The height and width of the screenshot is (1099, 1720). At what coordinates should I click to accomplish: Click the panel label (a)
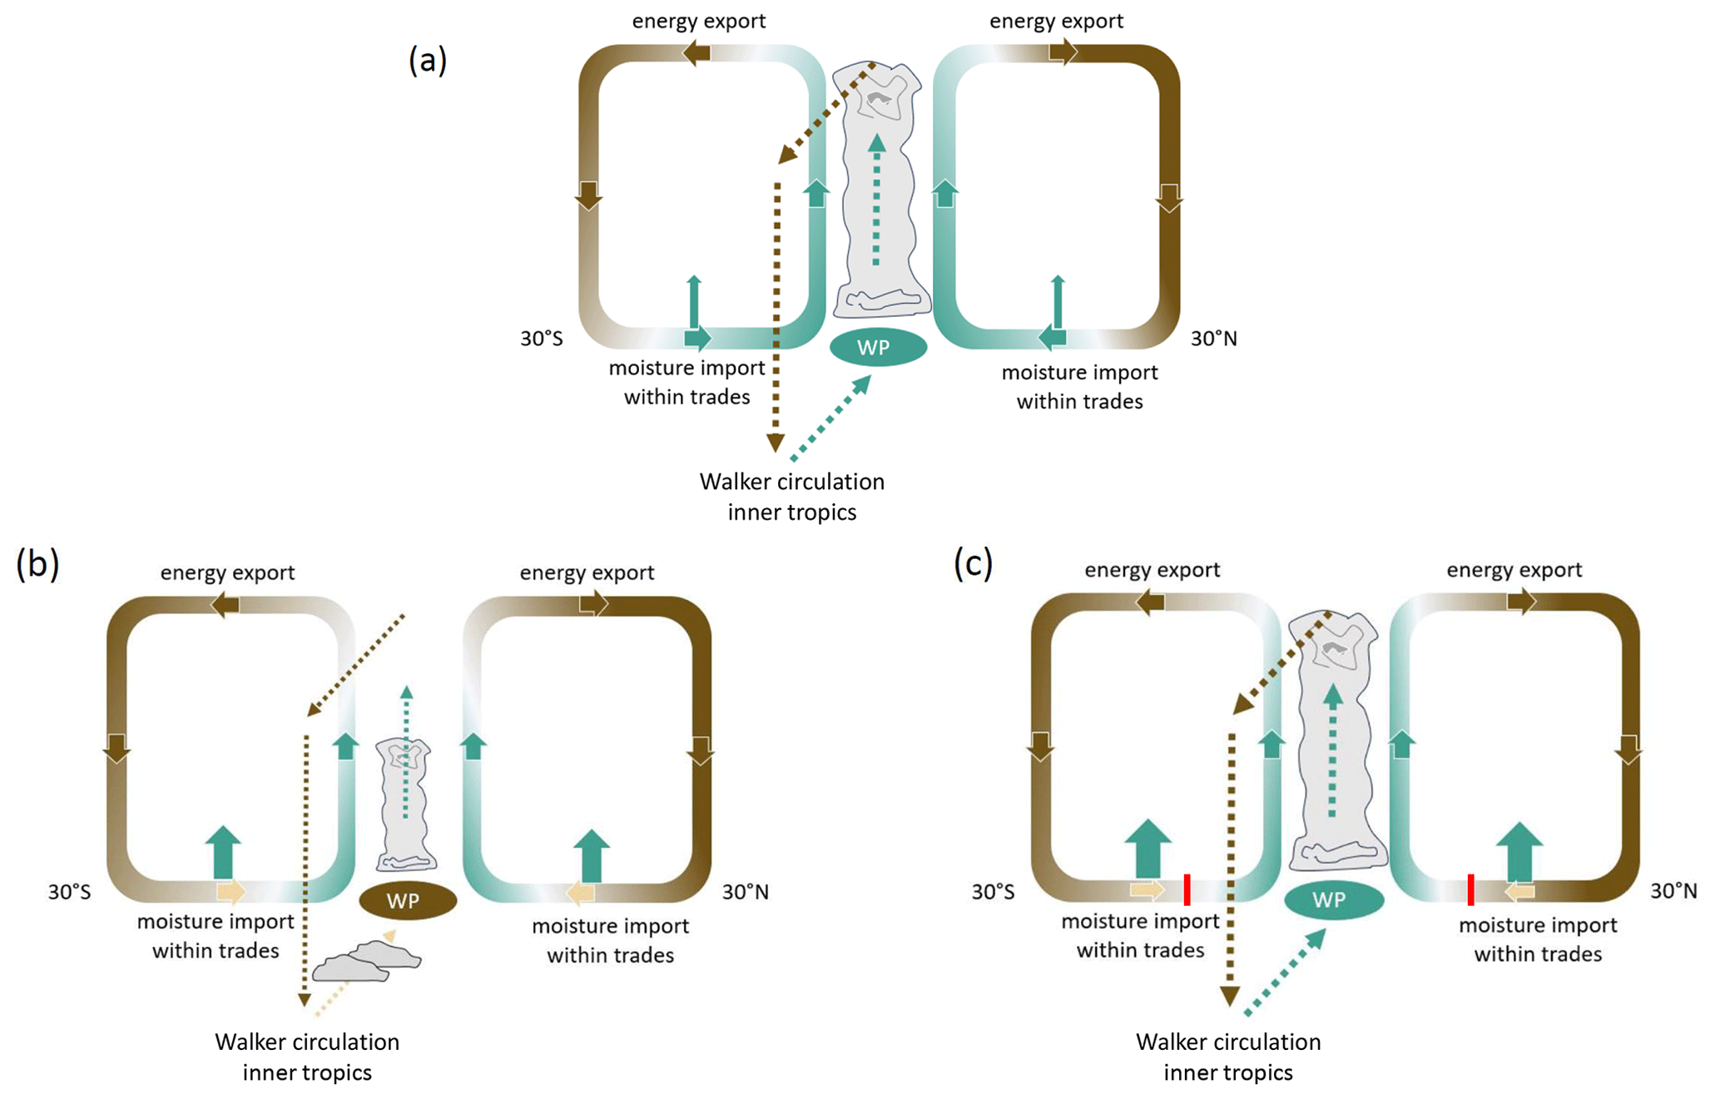click(428, 61)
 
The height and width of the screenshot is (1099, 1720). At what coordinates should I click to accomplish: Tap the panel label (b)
click(37, 564)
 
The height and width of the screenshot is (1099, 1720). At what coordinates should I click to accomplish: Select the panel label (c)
click(973, 564)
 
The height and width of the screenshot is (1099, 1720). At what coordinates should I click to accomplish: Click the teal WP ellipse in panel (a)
click(878, 347)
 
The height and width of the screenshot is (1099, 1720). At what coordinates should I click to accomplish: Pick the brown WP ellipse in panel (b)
click(408, 901)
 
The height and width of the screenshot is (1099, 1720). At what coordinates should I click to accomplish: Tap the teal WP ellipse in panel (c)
click(1333, 899)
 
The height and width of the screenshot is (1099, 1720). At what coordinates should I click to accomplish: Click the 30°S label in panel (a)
click(542, 339)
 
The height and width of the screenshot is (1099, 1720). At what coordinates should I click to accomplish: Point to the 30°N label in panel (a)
click(1213, 339)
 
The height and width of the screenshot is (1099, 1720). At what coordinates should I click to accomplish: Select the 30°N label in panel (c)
click(1673, 891)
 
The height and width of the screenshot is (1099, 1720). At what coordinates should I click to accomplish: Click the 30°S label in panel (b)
click(69, 892)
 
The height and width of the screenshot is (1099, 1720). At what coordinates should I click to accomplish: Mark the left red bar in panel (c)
click(1187, 889)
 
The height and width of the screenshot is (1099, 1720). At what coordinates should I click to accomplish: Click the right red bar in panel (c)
click(1470, 889)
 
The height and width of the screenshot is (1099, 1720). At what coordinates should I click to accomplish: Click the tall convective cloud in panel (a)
click(880, 191)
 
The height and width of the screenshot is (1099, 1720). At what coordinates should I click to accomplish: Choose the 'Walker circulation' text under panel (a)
click(791, 482)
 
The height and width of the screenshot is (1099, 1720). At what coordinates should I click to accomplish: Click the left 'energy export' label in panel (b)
click(227, 572)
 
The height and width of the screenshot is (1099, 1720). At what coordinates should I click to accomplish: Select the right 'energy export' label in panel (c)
click(1514, 570)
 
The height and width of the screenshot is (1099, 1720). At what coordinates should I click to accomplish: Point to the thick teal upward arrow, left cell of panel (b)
click(222, 853)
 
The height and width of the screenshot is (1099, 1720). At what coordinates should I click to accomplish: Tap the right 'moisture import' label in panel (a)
click(1079, 373)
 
